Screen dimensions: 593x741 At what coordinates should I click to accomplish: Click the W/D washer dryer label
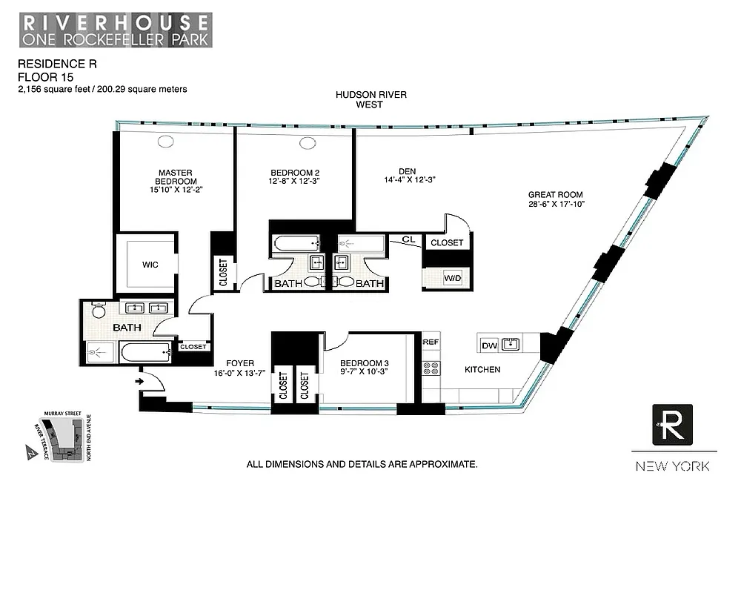tap(452, 278)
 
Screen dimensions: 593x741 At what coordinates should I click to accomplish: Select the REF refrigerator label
tap(431, 342)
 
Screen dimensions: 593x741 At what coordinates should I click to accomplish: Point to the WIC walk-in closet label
tap(150, 265)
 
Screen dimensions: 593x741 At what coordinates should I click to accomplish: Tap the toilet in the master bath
tap(99, 310)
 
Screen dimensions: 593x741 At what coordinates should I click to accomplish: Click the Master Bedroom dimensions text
tap(176, 190)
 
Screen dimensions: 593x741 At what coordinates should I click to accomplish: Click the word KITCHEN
tap(482, 369)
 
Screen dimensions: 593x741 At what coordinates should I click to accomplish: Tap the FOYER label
tap(239, 364)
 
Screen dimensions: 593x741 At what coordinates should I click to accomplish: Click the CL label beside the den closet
tap(408, 239)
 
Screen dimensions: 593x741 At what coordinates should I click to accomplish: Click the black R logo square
tap(672, 425)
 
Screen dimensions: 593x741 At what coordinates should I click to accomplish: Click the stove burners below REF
tap(431, 370)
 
